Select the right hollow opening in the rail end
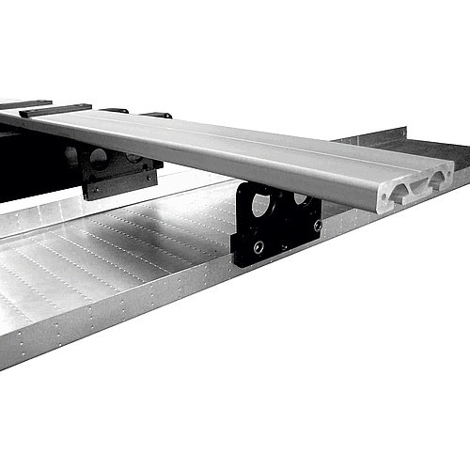pyautogui.click(x=437, y=179)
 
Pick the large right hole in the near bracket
pyautogui.click(x=301, y=198)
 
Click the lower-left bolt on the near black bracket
pyautogui.click(x=258, y=247)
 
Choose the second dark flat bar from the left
pyautogui.click(x=56, y=110)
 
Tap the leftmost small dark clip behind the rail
pyautogui.click(x=114, y=110)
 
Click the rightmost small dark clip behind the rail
pyautogui.click(x=156, y=115)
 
